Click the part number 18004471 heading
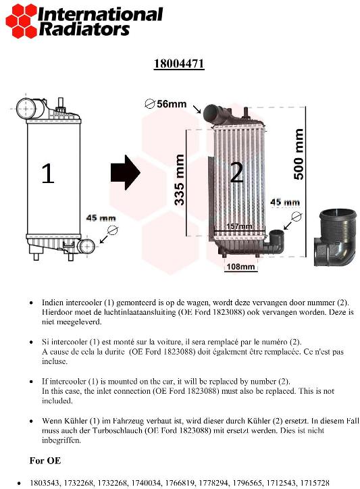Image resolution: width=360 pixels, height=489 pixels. click(x=179, y=64)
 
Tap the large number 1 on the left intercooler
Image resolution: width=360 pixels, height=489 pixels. click(x=47, y=174)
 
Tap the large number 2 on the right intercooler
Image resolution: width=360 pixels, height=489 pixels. click(x=236, y=173)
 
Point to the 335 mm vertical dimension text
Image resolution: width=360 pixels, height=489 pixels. click(x=180, y=180)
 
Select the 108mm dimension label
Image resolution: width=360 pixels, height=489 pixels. click(x=240, y=267)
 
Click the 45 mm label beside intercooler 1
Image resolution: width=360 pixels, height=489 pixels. click(x=101, y=218)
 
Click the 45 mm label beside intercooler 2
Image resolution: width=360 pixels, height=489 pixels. click(x=285, y=202)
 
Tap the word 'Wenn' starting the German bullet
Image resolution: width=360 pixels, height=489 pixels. click(x=53, y=420)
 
